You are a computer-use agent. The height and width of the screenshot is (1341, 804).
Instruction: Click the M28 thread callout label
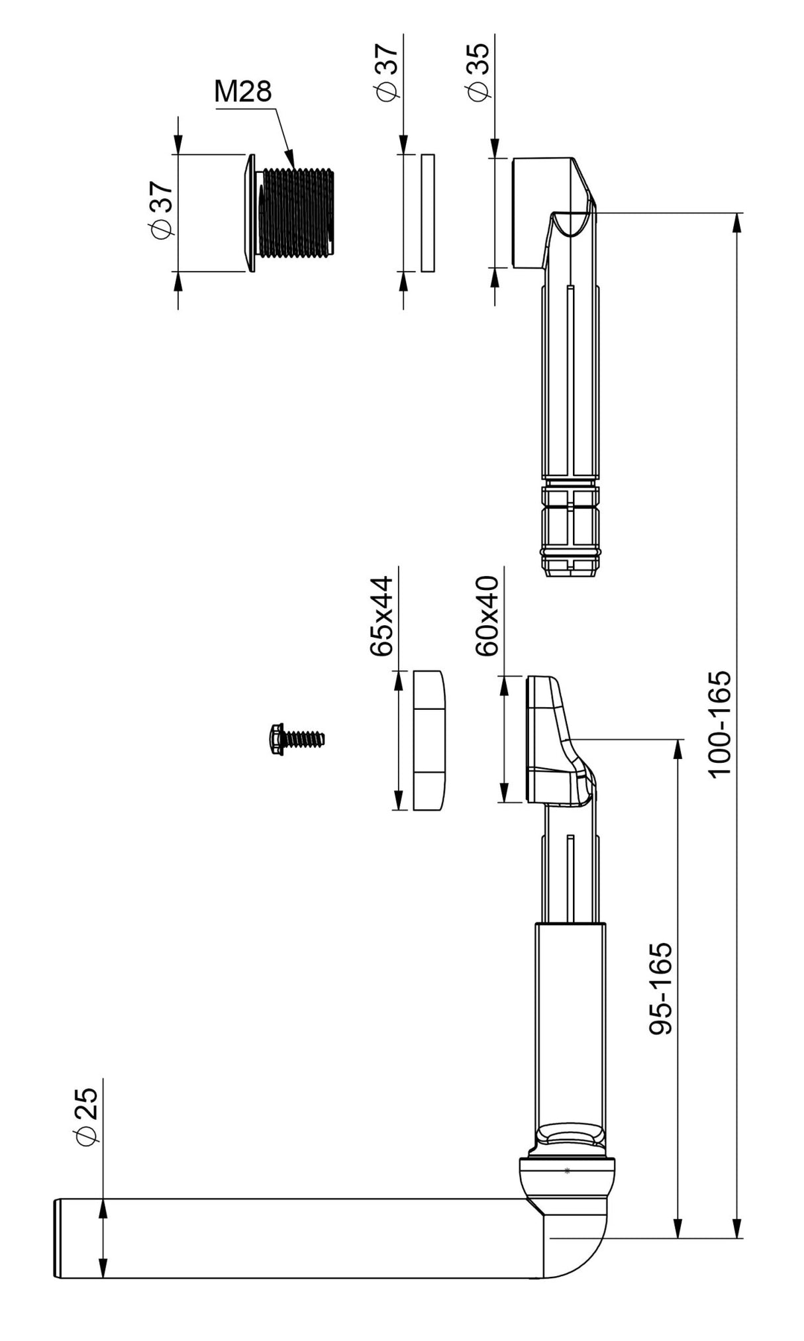point(242,91)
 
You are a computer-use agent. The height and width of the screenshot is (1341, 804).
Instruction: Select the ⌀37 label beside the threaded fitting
point(162,209)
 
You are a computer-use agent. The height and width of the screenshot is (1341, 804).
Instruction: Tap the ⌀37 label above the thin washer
point(387,72)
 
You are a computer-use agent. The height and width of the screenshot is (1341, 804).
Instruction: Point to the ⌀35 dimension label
point(477,72)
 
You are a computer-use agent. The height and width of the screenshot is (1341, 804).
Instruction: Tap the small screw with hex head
point(295,737)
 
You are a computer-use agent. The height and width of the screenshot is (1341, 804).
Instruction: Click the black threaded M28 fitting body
point(296,212)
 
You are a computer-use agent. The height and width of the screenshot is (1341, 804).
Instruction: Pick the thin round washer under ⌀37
point(428,213)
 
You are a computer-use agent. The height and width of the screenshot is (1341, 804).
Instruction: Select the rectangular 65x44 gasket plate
point(429,740)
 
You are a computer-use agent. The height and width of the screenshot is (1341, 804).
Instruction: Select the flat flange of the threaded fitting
point(250,213)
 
